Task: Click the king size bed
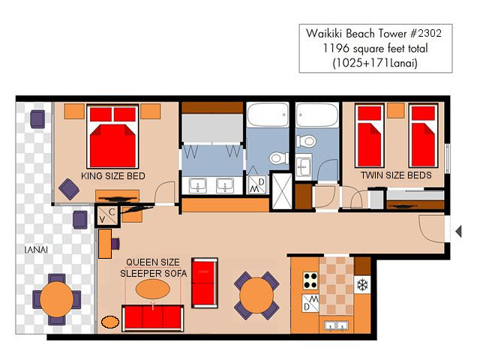[x=112, y=136]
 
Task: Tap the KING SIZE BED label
[x=113, y=176]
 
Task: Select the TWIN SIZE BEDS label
[x=396, y=175]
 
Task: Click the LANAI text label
[x=36, y=250]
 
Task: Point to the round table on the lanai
[x=57, y=299]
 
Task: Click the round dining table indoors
[x=256, y=295]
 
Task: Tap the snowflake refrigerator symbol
[x=362, y=285]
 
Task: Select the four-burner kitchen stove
[x=310, y=280]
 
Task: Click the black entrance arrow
[x=458, y=231]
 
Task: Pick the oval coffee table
[x=152, y=289]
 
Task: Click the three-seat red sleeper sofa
[x=153, y=318]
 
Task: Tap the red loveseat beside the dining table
[x=205, y=283]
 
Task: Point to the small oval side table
[x=110, y=322]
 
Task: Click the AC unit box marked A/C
[x=106, y=215]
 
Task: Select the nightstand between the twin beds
[x=396, y=110]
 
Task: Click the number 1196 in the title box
[x=336, y=48]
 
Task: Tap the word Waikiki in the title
[x=325, y=33]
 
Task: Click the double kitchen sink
[x=337, y=325]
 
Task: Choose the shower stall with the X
[x=282, y=191]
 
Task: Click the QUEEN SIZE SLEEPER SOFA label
[x=153, y=268]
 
